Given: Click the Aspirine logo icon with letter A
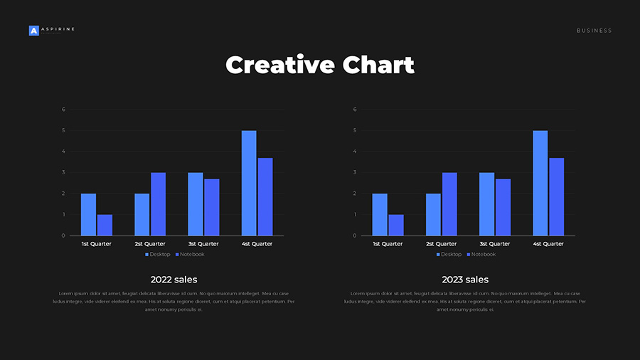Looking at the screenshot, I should pos(33,31).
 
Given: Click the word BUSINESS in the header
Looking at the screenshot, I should pos(594,31).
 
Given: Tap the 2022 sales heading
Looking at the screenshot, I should pos(174,280).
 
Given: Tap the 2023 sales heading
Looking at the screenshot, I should pos(465,280).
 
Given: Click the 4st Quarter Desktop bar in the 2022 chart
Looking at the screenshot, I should pos(249,183).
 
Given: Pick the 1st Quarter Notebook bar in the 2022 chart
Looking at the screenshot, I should pos(105,225).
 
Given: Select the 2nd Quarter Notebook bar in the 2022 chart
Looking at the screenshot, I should pos(158,204).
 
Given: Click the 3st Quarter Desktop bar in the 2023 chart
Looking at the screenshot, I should pos(486,204).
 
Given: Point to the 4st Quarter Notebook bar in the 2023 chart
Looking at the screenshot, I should pos(556,196).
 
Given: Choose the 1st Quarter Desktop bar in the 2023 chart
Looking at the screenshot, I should pos(380,214).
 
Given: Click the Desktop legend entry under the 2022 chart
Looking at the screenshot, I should pos(158,255).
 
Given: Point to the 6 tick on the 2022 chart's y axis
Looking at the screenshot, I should pos(63,110).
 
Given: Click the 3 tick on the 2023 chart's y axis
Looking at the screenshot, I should pos(355,172).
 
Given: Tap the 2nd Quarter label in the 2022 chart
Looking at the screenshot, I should pos(149,244).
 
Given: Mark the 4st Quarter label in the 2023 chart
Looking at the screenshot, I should pos(548,244).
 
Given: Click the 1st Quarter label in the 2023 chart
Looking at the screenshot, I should pos(388,244).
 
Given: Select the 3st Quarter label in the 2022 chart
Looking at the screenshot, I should pos(203,244).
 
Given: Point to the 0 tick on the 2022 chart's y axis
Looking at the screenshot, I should pos(63,235).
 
